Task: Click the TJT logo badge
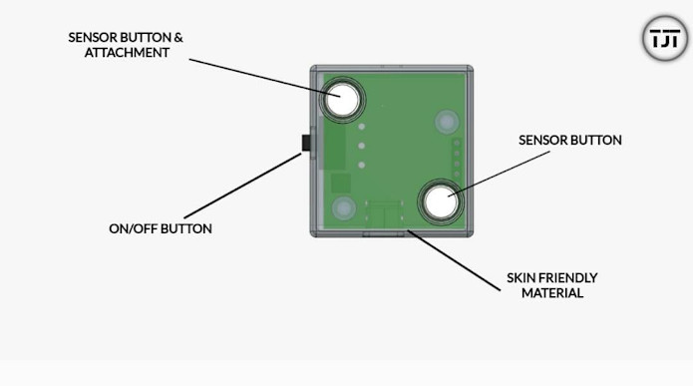664,39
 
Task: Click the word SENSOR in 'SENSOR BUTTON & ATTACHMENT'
91,37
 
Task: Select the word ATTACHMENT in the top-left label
126,53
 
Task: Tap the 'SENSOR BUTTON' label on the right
570,141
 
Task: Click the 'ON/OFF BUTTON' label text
161,228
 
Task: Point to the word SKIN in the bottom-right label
524,277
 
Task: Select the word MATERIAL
552,293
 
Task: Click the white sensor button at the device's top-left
342,100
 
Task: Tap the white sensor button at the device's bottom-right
440,202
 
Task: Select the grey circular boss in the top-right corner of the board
446,123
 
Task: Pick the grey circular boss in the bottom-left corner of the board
344,208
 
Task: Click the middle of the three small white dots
363,146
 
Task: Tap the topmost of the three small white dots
363,128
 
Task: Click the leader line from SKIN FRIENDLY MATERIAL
454,261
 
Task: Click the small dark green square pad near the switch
341,183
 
